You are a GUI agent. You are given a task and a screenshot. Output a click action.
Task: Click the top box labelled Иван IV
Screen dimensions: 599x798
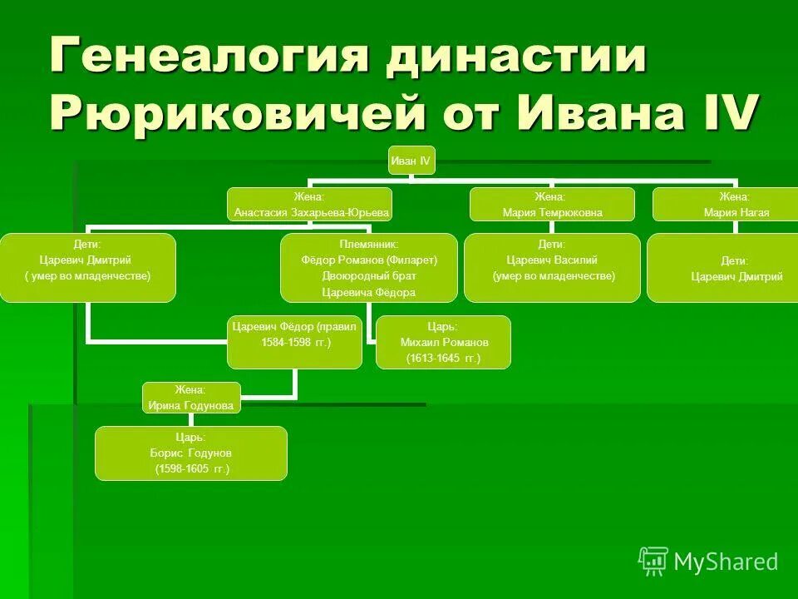pyautogui.click(x=411, y=161)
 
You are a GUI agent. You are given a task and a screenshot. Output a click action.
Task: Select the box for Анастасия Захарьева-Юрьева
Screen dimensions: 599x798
pyautogui.click(x=310, y=205)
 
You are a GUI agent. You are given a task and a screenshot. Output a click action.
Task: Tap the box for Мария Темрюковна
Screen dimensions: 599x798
pyautogui.click(x=552, y=205)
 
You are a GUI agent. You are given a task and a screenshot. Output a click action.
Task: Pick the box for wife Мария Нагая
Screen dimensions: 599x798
pyautogui.click(x=724, y=205)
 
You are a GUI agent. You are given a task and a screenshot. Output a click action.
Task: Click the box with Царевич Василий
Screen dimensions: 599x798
pyautogui.click(x=552, y=267)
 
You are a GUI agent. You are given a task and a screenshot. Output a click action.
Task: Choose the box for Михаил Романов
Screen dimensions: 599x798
pyautogui.click(x=443, y=342)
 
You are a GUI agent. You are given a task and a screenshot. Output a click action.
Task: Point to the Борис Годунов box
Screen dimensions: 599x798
pyautogui.click(x=191, y=453)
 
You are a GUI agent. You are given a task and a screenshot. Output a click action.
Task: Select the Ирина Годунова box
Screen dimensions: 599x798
pyautogui.click(x=191, y=398)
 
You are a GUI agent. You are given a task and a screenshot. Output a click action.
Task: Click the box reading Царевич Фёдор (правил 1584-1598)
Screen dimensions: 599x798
pyautogui.click(x=295, y=342)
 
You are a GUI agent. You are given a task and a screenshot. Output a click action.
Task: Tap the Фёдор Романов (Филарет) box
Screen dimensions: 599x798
pyautogui.click(x=369, y=267)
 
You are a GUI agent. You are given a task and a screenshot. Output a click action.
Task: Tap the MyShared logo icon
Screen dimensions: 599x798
pyautogui.click(x=653, y=562)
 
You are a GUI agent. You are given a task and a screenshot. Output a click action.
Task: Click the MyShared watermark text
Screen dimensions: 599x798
pyautogui.click(x=726, y=562)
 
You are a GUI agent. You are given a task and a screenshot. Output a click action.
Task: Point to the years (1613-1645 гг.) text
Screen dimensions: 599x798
pyautogui.click(x=443, y=359)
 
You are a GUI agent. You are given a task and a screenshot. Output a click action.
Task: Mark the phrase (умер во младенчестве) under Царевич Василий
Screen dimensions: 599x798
pyautogui.click(x=553, y=275)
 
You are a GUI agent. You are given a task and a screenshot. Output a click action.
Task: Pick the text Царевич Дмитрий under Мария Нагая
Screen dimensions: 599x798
pyautogui.click(x=736, y=277)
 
